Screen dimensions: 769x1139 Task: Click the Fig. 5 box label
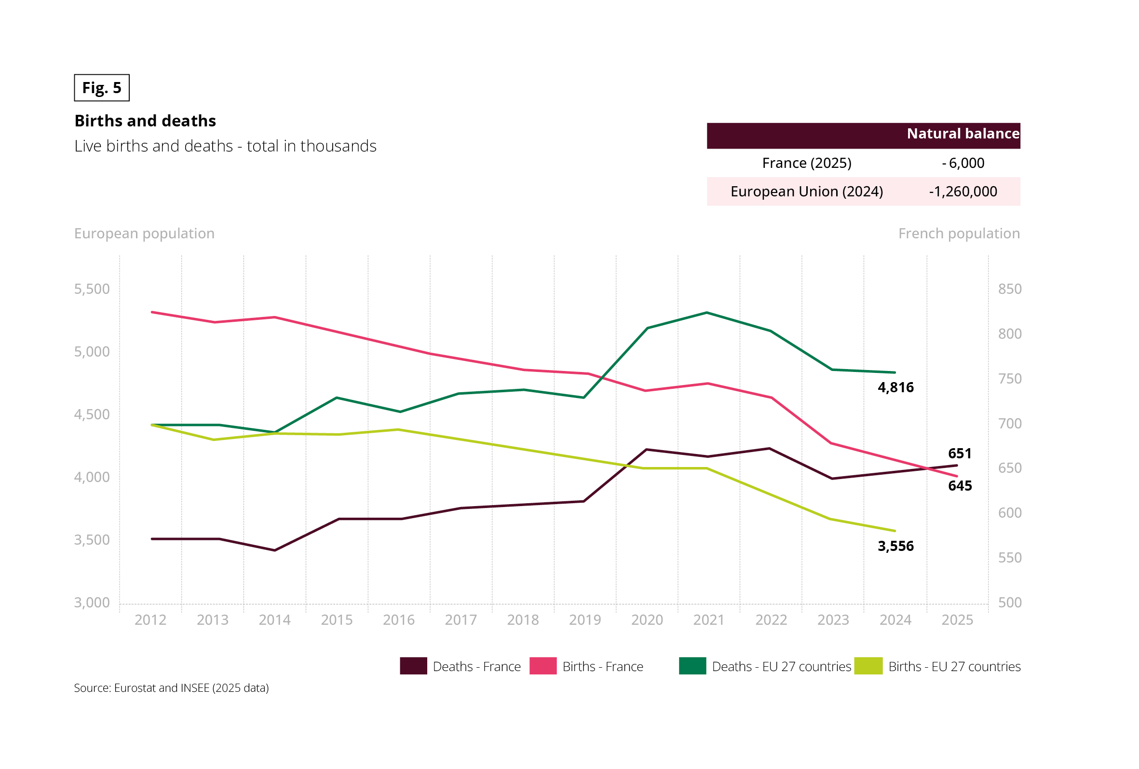coord(101,88)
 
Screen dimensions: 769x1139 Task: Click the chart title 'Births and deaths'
coord(145,121)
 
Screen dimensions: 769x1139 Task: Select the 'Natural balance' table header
coord(963,134)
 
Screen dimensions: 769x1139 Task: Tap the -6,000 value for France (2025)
coord(963,163)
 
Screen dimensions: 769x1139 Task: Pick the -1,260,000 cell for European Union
coord(963,191)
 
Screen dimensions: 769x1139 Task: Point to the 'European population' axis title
coord(144,233)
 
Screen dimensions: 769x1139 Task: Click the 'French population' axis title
coord(959,233)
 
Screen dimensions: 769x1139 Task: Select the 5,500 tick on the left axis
coord(92,289)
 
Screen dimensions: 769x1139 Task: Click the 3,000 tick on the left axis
coord(92,602)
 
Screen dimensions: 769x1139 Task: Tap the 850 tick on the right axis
coord(1010,289)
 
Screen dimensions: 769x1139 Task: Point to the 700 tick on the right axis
coord(1010,423)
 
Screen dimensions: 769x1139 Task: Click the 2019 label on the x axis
coord(585,620)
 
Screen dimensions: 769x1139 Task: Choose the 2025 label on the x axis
coord(957,620)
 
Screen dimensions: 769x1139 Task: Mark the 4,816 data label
coord(895,387)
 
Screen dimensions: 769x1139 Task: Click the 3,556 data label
coord(895,546)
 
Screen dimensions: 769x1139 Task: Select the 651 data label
coord(960,453)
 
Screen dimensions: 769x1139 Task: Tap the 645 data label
coord(960,485)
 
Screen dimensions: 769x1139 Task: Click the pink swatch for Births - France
coord(543,666)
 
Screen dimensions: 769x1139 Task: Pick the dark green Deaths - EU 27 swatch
coord(692,666)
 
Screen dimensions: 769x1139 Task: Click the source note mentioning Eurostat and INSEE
coord(171,688)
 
